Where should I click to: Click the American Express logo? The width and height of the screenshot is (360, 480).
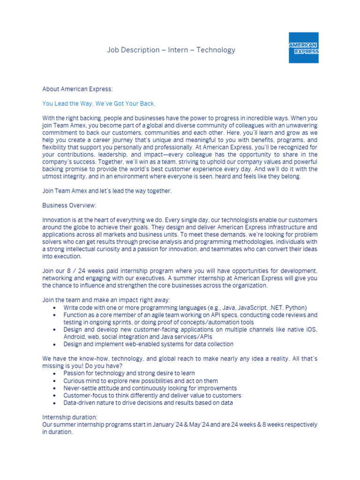pos(303,48)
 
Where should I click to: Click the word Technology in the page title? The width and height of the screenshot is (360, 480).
pos(216,50)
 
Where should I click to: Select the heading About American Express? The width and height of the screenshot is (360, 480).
pos(77,89)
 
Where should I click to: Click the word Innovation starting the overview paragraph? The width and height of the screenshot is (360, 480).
pos(56,220)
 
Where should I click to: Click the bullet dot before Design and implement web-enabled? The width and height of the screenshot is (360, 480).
pos(55,344)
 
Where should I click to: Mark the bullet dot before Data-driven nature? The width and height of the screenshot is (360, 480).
pos(55,403)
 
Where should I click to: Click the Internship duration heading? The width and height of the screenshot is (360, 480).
pos(70,417)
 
